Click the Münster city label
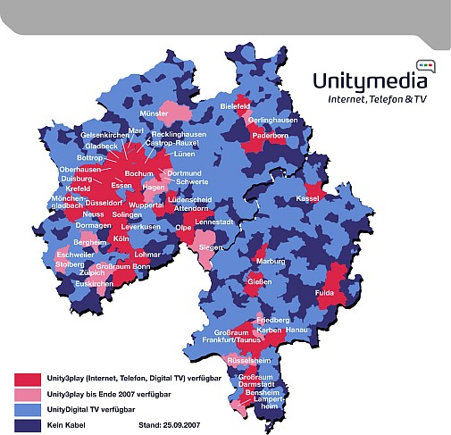[155, 114]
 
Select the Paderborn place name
[271, 135]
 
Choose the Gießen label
[260, 283]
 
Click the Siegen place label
[211, 247]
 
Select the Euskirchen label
[95, 283]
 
